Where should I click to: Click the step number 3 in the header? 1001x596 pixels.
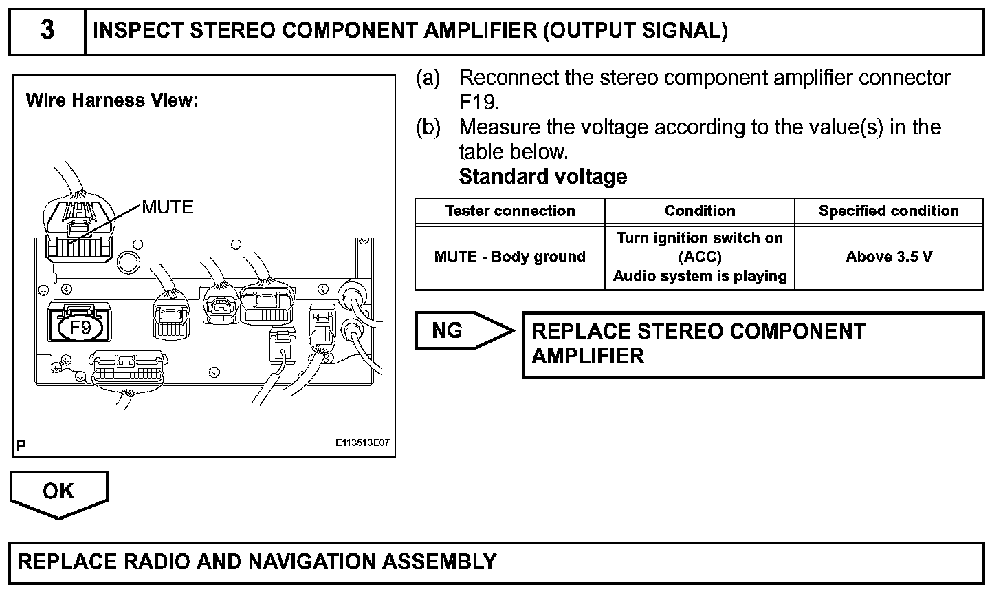47,31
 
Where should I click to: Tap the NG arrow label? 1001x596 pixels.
448,331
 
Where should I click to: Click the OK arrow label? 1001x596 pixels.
58,491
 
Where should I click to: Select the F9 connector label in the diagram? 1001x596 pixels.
80,328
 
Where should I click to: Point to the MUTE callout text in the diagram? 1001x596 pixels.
168,206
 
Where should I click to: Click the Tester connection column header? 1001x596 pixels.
510,211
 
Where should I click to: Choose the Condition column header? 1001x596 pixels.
700,211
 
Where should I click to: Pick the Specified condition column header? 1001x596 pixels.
888,211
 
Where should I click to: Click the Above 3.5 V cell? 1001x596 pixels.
889,257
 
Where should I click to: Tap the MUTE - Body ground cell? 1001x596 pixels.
510,257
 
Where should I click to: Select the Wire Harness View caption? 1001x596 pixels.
112,100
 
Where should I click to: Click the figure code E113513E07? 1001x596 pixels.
363,443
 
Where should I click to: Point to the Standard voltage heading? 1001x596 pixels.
542,177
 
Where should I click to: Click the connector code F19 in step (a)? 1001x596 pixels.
478,103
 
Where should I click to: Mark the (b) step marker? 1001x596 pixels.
428,127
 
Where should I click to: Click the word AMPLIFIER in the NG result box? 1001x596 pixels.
588,356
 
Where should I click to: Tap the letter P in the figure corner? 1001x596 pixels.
21,446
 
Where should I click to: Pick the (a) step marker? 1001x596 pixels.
428,78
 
